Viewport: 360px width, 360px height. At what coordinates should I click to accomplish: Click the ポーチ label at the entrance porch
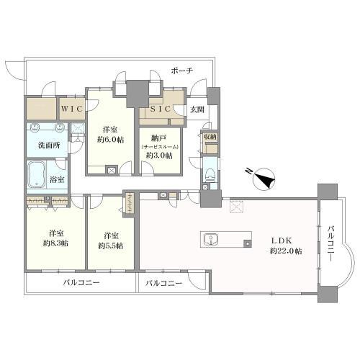coord(182,71)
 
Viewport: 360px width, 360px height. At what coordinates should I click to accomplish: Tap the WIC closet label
coord(71,108)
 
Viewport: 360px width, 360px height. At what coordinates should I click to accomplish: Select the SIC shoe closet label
coord(157,109)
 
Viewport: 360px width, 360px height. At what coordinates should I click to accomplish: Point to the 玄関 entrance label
coord(197,109)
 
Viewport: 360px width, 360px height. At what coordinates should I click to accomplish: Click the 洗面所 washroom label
coord(48,145)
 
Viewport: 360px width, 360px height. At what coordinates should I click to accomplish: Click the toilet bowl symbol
coord(209,174)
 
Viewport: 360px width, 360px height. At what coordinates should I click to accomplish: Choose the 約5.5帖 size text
coord(110,246)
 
